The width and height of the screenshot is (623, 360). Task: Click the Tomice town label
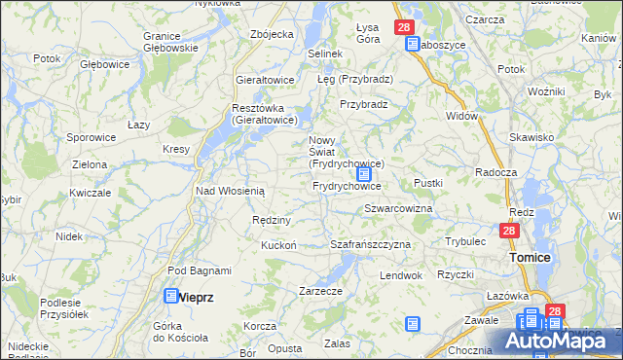click(x=531, y=257)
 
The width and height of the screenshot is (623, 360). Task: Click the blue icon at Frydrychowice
click(x=364, y=175)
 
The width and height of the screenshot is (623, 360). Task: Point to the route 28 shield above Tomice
click(x=508, y=232)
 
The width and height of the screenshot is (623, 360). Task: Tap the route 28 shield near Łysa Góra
click(x=404, y=28)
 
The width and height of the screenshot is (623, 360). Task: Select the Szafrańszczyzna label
click(x=371, y=244)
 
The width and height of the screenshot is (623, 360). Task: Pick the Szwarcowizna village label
click(x=398, y=209)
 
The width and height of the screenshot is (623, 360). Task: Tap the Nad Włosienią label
click(x=231, y=192)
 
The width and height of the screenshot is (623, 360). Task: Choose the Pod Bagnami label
click(x=200, y=270)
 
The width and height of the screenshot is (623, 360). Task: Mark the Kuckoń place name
click(x=278, y=245)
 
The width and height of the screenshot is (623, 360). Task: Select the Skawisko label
click(x=531, y=137)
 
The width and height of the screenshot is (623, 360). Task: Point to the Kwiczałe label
click(x=90, y=193)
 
